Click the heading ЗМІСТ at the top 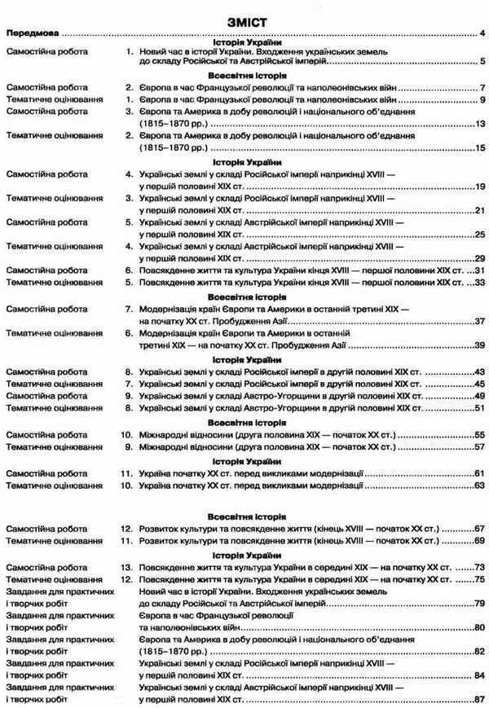point(244,16)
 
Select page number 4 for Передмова point(482,33)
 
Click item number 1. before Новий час point(129,51)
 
